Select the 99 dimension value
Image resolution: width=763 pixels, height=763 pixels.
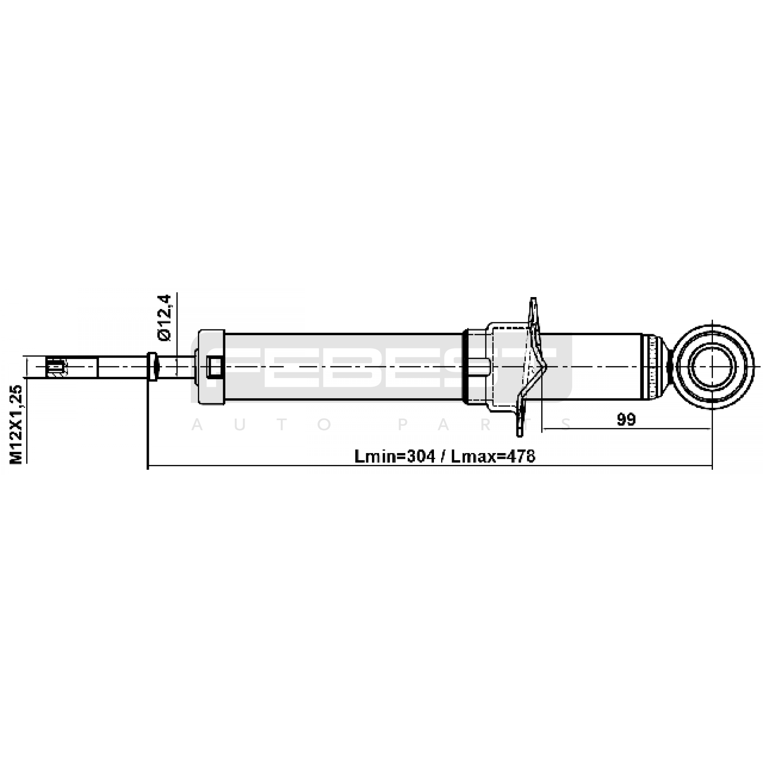tap(626, 419)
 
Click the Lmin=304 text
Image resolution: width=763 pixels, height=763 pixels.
tap(394, 456)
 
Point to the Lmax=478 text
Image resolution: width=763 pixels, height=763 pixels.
tap(493, 456)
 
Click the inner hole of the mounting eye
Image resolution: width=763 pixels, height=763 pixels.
tap(712, 367)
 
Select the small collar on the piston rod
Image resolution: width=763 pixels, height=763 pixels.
tap(152, 366)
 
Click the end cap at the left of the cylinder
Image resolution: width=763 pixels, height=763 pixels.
tap(211, 367)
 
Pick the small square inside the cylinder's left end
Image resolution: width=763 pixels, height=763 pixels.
tap(215, 367)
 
